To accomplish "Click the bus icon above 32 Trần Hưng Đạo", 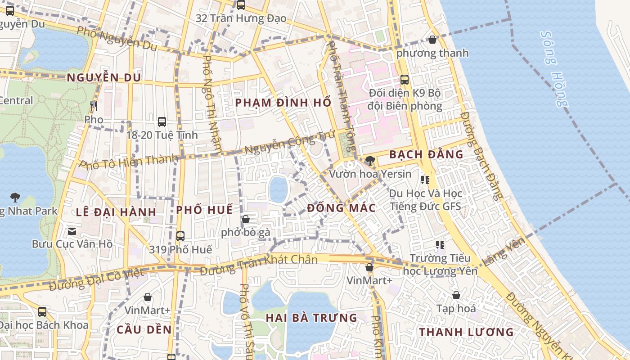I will pyautogui.click(x=241, y=5).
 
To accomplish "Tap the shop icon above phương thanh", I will pyautogui.click(x=432, y=40).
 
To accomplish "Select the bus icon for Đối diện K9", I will pyautogui.click(x=405, y=80).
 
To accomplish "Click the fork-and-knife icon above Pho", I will pyautogui.click(x=94, y=106).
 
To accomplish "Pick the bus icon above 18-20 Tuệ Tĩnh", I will pyautogui.click(x=162, y=121).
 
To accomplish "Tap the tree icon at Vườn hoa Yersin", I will pyautogui.click(x=370, y=160).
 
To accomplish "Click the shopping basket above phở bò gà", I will pyautogui.click(x=246, y=219).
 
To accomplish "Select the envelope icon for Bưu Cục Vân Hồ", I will pyautogui.click(x=72, y=231).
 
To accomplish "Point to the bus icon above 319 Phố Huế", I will pyautogui.click(x=180, y=236).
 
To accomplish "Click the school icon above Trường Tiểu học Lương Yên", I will pyautogui.click(x=440, y=245).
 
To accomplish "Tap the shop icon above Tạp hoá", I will pyautogui.click(x=456, y=295).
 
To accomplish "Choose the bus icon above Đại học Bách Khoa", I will pyautogui.click(x=42, y=311).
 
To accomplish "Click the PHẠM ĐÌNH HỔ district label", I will pyautogui.click(x=283, y=103).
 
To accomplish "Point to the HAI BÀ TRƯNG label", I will pyautogui.click(x=311, y=318).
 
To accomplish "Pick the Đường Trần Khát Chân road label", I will pyautogui.click(x=258, y=264).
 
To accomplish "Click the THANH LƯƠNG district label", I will pyautogui.click(x=466, y=332).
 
